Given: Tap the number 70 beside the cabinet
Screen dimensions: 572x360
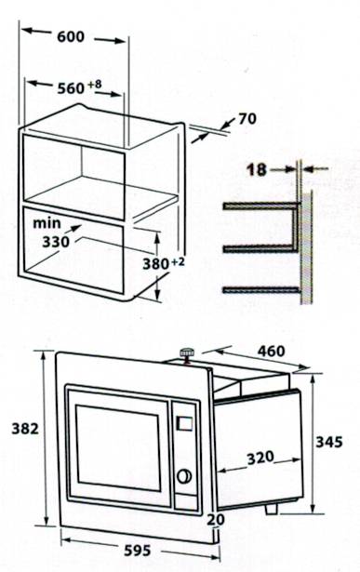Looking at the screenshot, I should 247,119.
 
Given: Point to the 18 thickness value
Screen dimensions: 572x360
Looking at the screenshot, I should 257,169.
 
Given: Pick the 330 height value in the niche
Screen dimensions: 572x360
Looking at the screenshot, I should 57,240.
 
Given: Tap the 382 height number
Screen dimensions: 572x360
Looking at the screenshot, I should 24,429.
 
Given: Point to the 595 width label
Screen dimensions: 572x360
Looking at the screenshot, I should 137,551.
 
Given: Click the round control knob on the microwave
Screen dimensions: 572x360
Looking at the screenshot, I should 184,476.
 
